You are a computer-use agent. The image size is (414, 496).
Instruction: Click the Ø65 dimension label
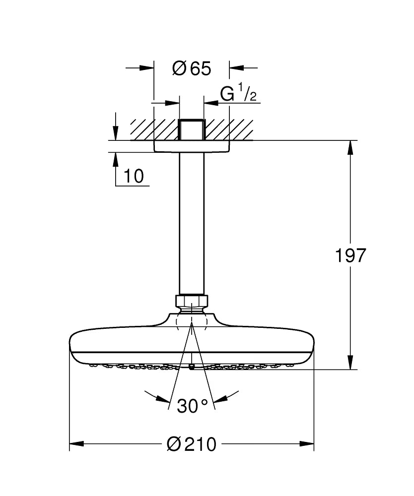coord(192,68)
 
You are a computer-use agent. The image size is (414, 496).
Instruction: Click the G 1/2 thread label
coord(238,94)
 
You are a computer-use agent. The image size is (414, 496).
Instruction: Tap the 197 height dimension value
coord(351,255)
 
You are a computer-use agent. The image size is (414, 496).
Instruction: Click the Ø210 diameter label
coord(192,444)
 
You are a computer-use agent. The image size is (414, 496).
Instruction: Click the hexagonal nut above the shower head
coord(191,301)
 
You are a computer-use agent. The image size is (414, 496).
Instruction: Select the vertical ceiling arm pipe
coord(191,223)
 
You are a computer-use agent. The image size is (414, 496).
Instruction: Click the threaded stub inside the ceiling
coord(191,130)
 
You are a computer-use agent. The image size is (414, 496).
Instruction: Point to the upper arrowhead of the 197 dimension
coord(351,147)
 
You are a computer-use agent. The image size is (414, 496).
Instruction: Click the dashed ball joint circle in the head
coord(191,321)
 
